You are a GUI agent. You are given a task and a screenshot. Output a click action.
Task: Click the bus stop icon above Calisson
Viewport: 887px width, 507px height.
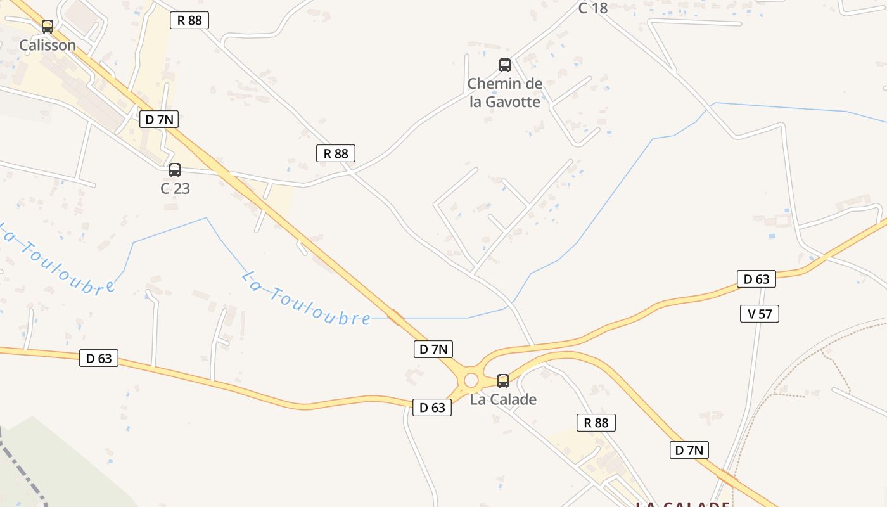click(48, 27)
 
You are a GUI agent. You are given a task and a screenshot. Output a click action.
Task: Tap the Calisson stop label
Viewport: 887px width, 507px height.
click(48, 45)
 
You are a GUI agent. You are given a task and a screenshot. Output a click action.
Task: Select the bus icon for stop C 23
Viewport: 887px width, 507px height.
click(175, 170)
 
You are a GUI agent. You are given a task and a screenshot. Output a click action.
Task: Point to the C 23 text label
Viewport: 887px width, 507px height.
click(175, 188)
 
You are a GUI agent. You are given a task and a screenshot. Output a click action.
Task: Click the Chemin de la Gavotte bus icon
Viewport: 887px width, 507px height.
click(505, 65)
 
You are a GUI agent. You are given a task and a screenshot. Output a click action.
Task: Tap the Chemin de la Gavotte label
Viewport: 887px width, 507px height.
click(505, 93)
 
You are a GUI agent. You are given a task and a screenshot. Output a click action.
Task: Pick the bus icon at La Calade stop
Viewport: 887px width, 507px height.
click(503, 381)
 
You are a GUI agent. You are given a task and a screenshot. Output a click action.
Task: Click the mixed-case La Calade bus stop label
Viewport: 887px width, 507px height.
click(503, 399)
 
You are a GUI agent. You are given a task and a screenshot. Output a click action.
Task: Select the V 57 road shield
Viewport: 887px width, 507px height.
click(759, 313)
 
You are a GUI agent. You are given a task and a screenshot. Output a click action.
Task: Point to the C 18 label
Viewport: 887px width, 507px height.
click(593, 8)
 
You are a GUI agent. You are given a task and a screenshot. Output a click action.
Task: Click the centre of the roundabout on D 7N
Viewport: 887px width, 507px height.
click(471, 380)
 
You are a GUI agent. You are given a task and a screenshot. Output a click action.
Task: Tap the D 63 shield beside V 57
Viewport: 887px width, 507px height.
click(756, 279)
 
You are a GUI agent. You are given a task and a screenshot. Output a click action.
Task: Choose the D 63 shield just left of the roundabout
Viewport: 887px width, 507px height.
click(432, 408)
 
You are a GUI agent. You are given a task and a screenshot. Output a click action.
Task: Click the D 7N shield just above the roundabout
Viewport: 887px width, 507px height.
click(433, 349)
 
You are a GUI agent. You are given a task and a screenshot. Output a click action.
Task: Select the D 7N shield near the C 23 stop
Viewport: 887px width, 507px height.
click(159, 119)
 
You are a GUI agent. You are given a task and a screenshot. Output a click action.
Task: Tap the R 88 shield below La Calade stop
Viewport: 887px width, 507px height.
click(596, 422)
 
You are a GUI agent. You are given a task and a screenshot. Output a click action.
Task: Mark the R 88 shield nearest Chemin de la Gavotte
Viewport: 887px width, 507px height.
click(336, 153)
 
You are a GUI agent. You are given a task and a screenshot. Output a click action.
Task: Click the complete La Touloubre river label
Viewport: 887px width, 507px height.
click(307, 298)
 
